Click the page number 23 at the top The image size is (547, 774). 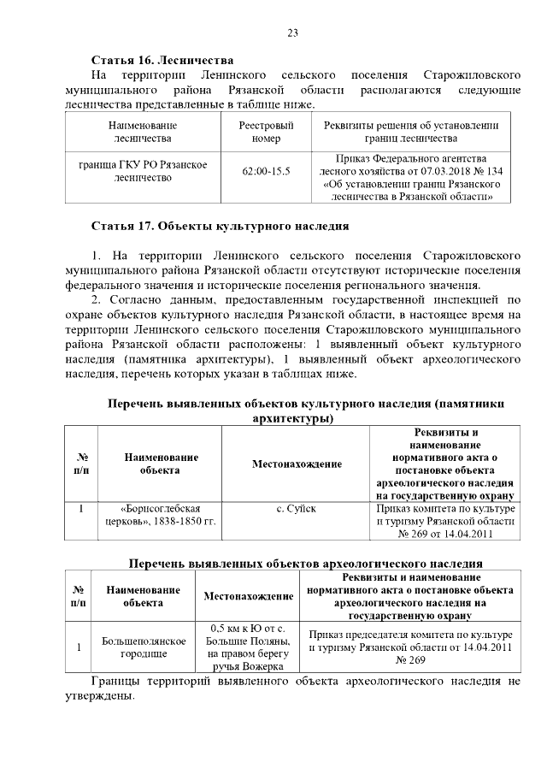(291, 33)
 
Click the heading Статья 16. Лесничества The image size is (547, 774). (162, 61)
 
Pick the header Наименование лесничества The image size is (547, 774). (143, 132)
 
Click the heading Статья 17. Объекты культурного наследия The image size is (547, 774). (221, 227)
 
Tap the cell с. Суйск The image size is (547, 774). (297, 509)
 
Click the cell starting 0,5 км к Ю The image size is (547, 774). (247, 647)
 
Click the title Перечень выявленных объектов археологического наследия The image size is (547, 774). (305, 564)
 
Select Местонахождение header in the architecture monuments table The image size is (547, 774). (297, 464)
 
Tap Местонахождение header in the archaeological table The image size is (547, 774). (247, 596)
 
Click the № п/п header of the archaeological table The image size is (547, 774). (79, 596)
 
